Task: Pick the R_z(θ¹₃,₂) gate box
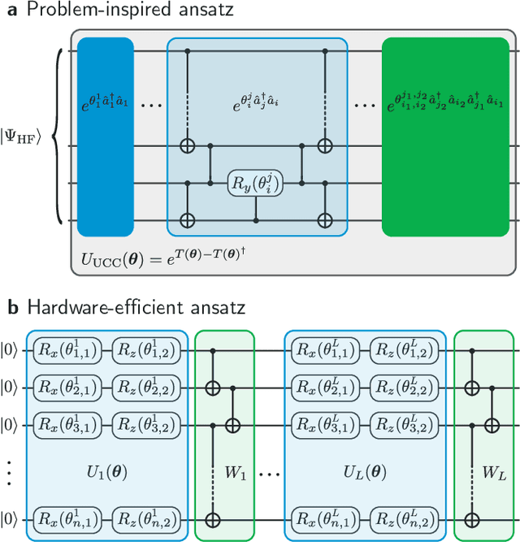[147, 423]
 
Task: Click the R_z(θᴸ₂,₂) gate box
[404, 387]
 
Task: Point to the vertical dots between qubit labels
[7, 471]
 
